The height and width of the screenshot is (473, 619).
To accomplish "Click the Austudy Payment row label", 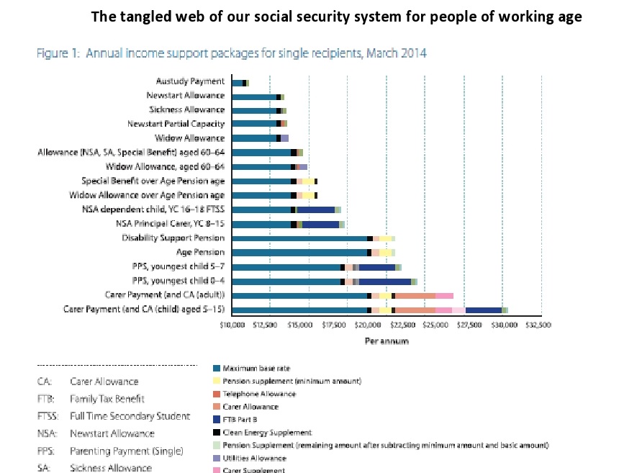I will [190, 81].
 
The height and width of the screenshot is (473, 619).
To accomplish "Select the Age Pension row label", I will [200, 252].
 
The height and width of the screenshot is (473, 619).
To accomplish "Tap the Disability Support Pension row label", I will [173, 238].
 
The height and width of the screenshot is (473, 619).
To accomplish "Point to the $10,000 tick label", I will [232, 325].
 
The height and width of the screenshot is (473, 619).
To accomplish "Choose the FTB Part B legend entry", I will [241, 419].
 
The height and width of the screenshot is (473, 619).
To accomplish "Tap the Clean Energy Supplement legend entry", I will [267, 432].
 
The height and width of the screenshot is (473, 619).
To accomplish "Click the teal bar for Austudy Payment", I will [238, 83].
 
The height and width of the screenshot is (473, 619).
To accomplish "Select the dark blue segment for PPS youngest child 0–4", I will [384, 281].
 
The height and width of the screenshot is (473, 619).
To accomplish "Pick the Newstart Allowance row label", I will [185, 96].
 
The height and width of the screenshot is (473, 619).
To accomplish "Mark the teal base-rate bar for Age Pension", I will [299, 252].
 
